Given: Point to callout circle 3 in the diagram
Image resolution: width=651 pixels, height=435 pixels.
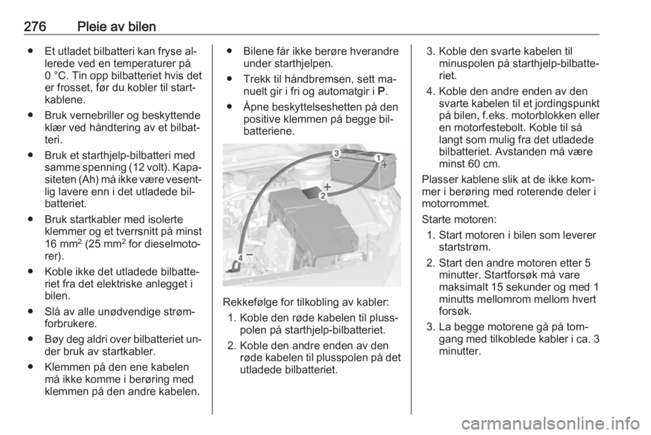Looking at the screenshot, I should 336,153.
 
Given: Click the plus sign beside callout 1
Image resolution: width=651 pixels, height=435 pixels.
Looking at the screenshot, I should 384,165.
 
